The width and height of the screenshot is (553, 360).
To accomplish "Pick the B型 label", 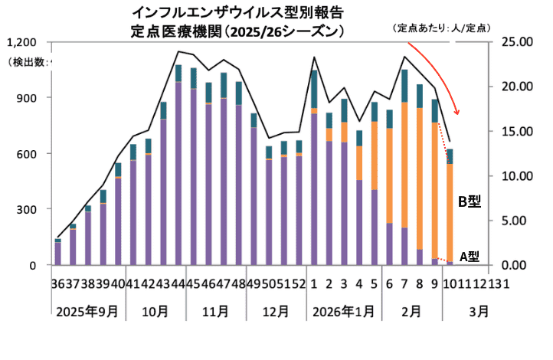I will point(468,201).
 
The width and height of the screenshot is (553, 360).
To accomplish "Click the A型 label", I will point(469,256).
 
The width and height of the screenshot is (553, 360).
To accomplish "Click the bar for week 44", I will point(178,169).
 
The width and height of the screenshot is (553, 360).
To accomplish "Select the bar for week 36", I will point(58,253).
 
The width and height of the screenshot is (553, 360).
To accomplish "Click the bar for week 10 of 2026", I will point(450,207).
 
